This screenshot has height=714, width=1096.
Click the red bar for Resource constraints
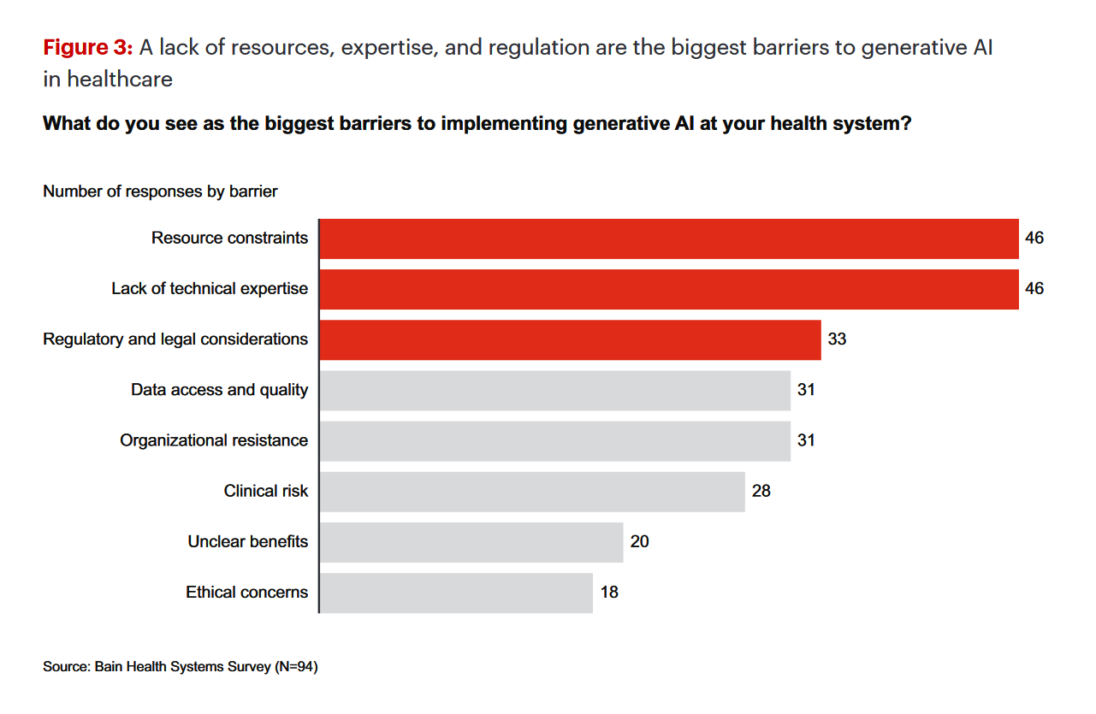668,239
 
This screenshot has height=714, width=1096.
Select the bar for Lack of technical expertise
668,289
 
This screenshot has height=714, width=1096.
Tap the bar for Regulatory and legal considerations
570,339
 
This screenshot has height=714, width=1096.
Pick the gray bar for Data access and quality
554,390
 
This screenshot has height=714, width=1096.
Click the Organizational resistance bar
554,440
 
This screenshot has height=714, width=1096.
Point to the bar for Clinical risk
531,492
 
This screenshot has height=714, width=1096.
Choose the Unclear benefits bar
471,542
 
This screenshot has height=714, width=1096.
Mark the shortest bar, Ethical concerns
455,593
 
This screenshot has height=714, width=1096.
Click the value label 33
837,339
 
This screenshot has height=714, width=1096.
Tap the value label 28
761,492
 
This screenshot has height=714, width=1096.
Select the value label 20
639,542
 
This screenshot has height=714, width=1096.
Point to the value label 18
608,593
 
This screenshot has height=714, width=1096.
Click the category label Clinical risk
265,492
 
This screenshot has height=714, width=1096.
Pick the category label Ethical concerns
246,593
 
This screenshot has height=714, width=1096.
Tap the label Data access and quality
219,390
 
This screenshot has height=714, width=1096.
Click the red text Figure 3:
87,49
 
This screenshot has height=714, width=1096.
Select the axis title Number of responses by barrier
160,192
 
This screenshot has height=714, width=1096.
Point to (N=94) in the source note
296,667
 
